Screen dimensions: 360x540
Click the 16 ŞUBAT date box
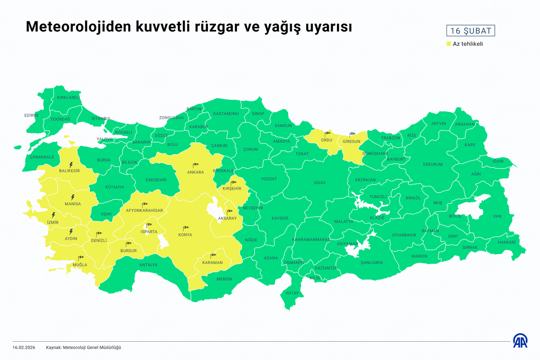coord(471,31)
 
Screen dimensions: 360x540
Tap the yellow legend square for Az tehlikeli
coord(448,44)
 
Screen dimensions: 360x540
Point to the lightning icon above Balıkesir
coord(71,164)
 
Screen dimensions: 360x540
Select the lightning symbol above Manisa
coord(73,197)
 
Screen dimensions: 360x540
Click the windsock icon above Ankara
coord(196,165)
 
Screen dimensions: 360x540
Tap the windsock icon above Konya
coord(185,228)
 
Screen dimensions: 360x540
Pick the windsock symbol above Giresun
coord(352,134)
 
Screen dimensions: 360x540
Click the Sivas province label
coord(320,183)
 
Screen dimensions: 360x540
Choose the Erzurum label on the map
coord(432,164)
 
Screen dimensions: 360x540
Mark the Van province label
coord(497,216)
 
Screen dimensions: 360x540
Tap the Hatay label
coord(292,293)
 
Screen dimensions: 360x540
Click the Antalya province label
coord(148,265)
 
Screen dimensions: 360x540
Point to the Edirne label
coord(31,115)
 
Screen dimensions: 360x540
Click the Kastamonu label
coord(226,114)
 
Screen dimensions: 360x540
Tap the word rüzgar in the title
coord(219,27)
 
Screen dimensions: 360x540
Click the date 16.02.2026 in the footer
coord(24,347)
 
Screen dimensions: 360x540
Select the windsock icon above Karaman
coord(213,255)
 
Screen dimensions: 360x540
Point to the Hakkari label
coord(507,242)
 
